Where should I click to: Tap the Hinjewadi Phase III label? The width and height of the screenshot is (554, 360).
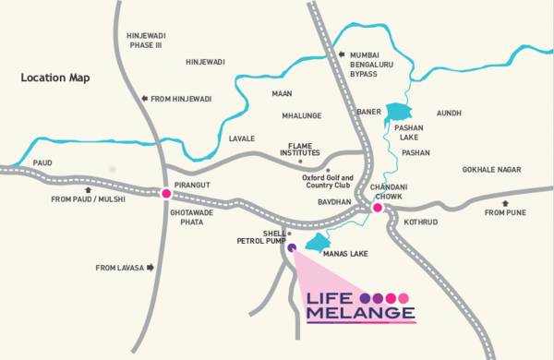[x=145, y=41]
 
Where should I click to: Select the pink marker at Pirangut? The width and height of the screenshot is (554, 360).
[x=166, y=194]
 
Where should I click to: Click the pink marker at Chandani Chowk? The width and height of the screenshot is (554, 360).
[x=378, y=209]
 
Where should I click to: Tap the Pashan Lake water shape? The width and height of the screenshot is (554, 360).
[x=396, y=112]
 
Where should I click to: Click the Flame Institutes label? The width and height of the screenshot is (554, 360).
[x=302, y=151]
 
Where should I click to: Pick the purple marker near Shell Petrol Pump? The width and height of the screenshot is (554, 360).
[x=292, y=247]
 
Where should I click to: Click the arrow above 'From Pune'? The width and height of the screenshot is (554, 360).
[x=504, y=203]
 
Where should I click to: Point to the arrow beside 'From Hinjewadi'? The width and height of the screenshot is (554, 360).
[x=144, y=99]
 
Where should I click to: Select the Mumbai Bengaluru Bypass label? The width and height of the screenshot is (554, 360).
[x=370, y=62]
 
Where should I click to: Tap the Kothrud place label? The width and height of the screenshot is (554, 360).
[x=419, y=222]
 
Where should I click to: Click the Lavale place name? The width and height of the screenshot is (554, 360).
[x=241, y=138]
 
